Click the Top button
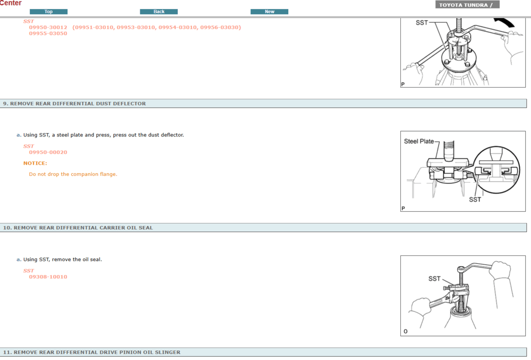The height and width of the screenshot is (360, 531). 48,12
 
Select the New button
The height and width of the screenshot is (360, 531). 269,12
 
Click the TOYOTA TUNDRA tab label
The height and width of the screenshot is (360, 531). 467,5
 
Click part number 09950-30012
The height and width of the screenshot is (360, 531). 48,28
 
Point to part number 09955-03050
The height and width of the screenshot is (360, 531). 48,33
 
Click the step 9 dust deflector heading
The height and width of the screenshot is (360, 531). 74,104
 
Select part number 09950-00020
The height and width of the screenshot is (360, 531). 48,152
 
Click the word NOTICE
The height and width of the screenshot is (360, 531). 35,163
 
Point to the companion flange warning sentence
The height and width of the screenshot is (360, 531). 73,174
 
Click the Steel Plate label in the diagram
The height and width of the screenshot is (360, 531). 419,141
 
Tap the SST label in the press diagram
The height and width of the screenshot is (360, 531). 475,200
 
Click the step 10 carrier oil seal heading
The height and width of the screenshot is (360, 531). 78,228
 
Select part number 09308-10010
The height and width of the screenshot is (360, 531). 48,277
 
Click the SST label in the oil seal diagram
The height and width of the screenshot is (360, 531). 434,279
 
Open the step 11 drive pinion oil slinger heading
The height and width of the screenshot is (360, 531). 92,352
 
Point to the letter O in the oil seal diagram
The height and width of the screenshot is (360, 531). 405,331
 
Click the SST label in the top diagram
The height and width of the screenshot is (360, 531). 422,23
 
